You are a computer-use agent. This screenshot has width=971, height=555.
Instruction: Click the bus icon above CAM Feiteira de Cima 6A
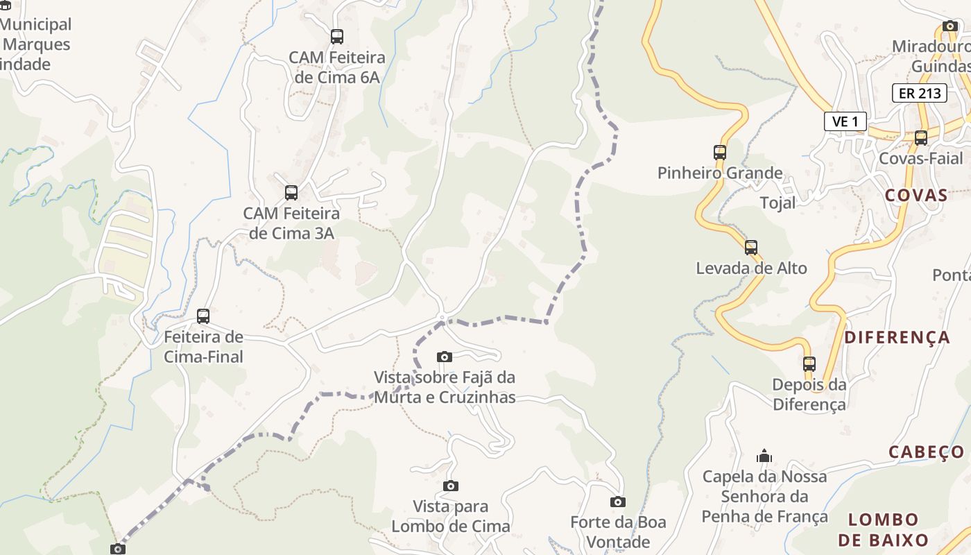pos(337,37)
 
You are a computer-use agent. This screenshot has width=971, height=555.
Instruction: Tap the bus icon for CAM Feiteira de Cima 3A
pos(291,193)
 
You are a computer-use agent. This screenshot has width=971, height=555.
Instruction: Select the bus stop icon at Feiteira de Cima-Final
pos(203,316)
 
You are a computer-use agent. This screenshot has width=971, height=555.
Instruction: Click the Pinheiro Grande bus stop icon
pos(720,153)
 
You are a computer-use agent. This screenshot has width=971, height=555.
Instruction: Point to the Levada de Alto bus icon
pos(751,248)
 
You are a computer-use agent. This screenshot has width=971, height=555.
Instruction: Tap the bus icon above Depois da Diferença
pos(809,364)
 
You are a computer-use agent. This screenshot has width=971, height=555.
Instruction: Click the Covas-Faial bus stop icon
pos(921,138)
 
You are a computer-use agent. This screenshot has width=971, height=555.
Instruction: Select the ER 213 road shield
pos(919,93)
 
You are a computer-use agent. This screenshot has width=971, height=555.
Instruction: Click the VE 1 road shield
pos(845,121)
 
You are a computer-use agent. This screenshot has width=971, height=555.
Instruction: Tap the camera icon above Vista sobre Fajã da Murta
pos(445,357)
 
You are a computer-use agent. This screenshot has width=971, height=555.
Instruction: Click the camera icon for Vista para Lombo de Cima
pos(451,486)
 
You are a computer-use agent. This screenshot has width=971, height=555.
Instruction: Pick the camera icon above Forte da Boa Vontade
pos(618,502)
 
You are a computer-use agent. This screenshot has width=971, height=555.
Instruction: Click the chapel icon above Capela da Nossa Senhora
pos(764,456)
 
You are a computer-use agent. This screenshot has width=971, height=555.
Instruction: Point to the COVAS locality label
pos(916,195)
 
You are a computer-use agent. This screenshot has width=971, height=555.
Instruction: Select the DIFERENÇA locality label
pos(897,338)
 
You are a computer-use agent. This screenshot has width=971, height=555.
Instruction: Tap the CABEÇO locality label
pos(927,452)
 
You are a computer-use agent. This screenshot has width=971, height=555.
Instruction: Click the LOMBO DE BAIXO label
pos(883,530)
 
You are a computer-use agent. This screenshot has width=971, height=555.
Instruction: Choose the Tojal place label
pos(778,203)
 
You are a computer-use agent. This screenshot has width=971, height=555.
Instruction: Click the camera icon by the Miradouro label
pos(950,26)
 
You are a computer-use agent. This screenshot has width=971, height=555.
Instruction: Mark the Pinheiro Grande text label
pos(720,173)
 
